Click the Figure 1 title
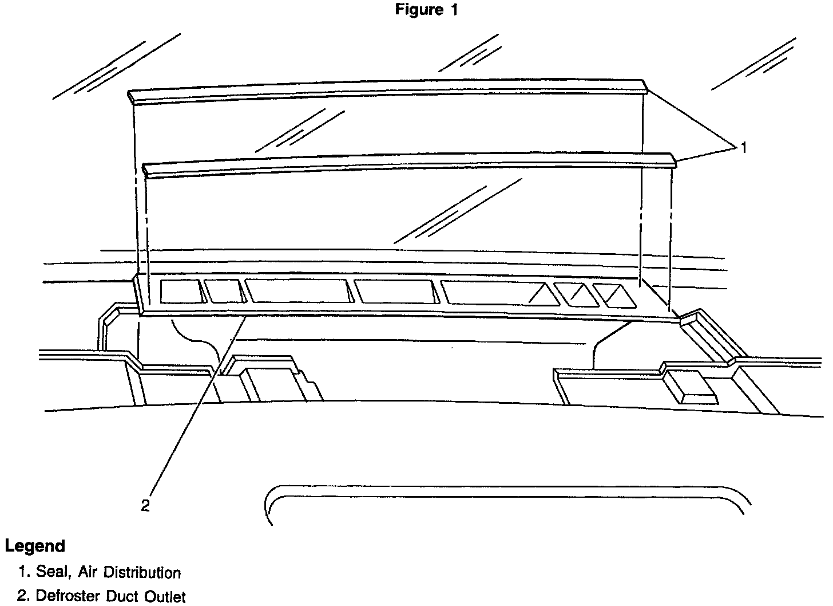[x=426, y=10]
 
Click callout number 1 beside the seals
[x=744, y=148]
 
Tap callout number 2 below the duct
[x=145, y=505]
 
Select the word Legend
[x=35, y=546]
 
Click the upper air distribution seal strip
[x=389, y=90]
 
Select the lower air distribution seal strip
[x=409, y=161]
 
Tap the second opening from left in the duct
[x=224, y=291]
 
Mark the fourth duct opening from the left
[x=396, y=292]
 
